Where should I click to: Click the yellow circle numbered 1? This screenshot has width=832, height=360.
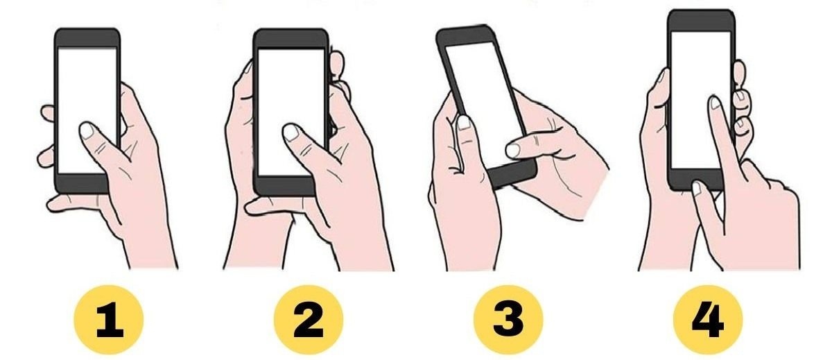coord(108,320)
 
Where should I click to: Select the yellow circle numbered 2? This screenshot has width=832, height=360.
coord(309,320)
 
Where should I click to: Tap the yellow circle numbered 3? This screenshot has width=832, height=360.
coord(508,320)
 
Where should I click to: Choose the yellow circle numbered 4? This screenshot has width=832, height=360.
coord(708,320)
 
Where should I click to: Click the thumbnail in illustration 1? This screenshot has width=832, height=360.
coord(87,131)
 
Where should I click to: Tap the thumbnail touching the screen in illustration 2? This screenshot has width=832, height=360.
coord(291,132)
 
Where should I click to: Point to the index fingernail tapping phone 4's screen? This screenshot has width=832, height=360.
coord(715,103)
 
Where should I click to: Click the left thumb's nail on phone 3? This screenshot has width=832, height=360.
coord(464,123)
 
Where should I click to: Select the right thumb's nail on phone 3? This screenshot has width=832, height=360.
coord(513,150)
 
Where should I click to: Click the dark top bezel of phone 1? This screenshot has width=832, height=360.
coord(87,37)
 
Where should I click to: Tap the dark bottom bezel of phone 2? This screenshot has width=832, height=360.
coord(284,187)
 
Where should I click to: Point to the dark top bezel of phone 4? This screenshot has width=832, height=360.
coord(701,21)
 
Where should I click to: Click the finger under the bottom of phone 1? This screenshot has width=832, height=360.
coord(74,204)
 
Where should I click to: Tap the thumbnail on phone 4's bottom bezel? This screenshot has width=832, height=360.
coord(697,189)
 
